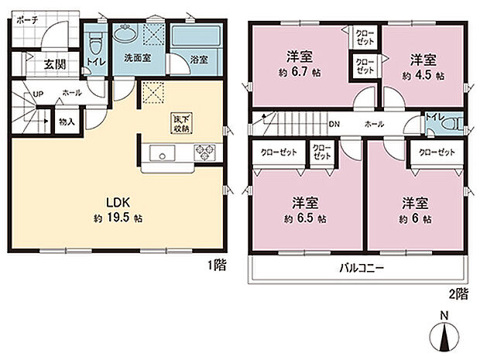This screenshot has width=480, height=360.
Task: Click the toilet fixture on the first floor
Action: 94,39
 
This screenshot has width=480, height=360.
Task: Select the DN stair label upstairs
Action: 334,124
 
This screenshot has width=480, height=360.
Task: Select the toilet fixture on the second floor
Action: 454,124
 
